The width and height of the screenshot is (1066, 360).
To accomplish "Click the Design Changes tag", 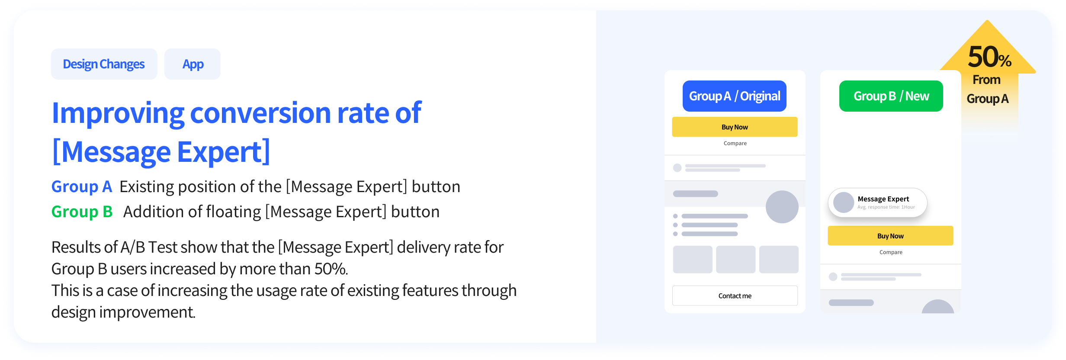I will click(x=104, y=64).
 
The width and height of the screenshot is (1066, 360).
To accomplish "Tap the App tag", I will click(x=193, y=64).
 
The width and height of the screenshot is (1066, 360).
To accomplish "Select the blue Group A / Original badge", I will click(x=734, y=96).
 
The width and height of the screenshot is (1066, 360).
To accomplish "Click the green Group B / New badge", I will click(x=891, y=96).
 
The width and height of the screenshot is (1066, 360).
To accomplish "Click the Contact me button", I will click(x=735, y=296).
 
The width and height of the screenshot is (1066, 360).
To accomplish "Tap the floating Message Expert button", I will click(x=877, y=202).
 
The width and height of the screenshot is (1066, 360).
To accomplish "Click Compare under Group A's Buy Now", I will click(x=735, y=143).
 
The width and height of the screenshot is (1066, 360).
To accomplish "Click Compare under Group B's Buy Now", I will click(x=891, y=252).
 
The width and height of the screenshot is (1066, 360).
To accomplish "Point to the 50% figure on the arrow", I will click(x=989, y=57).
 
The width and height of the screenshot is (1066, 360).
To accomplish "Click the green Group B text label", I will click(x=82, y=212).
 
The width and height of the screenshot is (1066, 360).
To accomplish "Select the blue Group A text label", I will click(x=82, y=186).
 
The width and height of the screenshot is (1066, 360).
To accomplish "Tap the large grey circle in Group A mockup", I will click(x=782, y=207).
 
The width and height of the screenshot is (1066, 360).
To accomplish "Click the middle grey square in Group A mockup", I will click(x=735, y=259).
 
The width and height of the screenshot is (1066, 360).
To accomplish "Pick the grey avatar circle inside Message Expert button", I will click(x=844, y=202).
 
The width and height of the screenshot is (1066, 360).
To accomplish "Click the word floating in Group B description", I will click(x=234, y=212).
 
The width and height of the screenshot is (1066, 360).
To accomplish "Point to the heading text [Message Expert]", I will click(x=161, y=152).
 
